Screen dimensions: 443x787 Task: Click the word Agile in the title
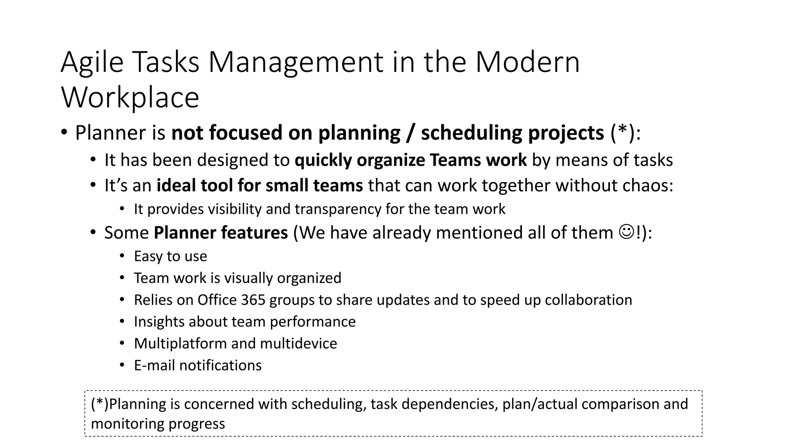click(x=92, y=63)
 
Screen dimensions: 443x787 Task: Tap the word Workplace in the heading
click(x=130, y=98)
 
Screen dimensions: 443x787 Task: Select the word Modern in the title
click(x=527, y=63)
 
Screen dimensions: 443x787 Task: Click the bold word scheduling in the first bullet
click(x=472, y=133)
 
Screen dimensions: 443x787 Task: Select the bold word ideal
click(x=176, y=186)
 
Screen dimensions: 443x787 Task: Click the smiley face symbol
click(x=626, y=232)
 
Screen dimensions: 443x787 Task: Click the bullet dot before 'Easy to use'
click(x=122, y=256)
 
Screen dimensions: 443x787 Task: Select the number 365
click(x=253, y=300)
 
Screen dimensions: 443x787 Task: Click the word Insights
click(x=159, y=322)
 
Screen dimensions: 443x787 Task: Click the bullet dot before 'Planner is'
click(x=64, y=133)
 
